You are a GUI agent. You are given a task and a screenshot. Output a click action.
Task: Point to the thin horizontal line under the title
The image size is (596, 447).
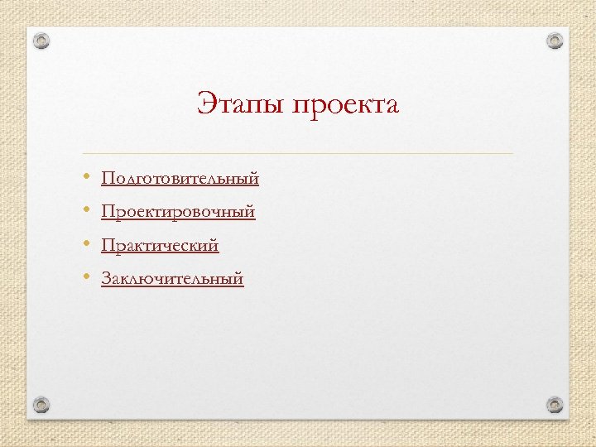pos(298,154)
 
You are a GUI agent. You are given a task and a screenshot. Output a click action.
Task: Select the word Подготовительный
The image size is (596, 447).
pos(180,179)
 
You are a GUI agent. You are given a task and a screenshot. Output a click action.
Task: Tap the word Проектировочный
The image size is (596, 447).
pos(178,213)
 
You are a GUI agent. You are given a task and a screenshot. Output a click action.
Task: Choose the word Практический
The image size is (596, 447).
pos(160,246)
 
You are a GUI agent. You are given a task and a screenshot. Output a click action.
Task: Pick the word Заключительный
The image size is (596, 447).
pos(172,279)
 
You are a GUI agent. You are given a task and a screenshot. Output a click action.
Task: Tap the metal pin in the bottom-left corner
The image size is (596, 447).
pos(42,405)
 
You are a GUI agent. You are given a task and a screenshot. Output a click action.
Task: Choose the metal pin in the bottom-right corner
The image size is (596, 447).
pos(555,405)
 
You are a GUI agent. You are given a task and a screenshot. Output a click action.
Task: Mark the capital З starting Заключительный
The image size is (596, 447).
pos(106,279)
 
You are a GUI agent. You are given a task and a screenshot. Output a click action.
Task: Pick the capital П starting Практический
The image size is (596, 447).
pos(108,246)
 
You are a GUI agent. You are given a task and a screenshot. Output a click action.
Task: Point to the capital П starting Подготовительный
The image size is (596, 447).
pos(108,179)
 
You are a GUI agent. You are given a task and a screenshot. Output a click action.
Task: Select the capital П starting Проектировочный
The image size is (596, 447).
pos(108,213)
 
